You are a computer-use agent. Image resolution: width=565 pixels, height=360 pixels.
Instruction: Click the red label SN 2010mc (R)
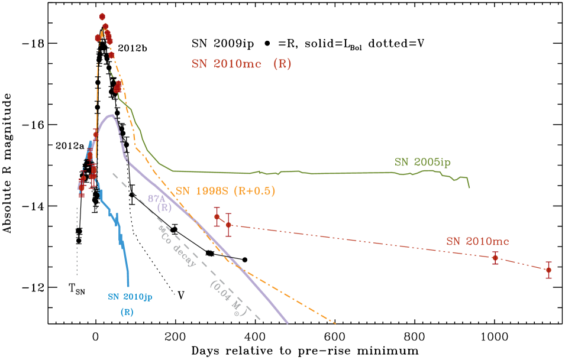[241, 64]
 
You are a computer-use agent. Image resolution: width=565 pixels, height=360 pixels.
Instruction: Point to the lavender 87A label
[156, 199]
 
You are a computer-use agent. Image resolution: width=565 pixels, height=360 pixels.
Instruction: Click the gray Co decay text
[177, 245]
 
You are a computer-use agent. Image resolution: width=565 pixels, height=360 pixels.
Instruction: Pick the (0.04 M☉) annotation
[227, 298]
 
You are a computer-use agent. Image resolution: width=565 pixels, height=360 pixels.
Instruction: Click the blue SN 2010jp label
[130, 297]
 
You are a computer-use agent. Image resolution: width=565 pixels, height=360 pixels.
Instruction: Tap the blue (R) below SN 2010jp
[127, 312]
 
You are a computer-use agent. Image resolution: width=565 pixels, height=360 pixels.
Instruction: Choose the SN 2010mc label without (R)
[477, 241]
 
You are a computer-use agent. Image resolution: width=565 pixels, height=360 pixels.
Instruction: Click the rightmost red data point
[548, 270]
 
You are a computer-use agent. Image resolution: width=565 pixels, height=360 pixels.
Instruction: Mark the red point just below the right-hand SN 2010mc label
[495, 257]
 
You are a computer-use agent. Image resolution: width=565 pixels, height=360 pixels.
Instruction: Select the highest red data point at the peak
[102, 17]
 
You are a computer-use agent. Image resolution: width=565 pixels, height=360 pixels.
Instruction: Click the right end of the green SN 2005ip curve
[470, 187]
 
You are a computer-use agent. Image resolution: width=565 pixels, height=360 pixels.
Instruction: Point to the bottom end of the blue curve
[128, 286]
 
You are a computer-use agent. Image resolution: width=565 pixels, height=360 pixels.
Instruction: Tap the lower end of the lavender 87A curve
[288, 323]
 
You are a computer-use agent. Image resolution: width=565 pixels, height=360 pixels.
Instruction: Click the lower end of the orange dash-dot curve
[335, 323]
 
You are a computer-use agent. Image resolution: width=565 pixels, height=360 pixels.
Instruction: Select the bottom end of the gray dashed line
[260, 320]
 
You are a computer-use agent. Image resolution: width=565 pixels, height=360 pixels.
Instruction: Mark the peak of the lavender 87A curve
[110, 115]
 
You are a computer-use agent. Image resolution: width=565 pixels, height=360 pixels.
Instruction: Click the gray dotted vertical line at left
[77, 242]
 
